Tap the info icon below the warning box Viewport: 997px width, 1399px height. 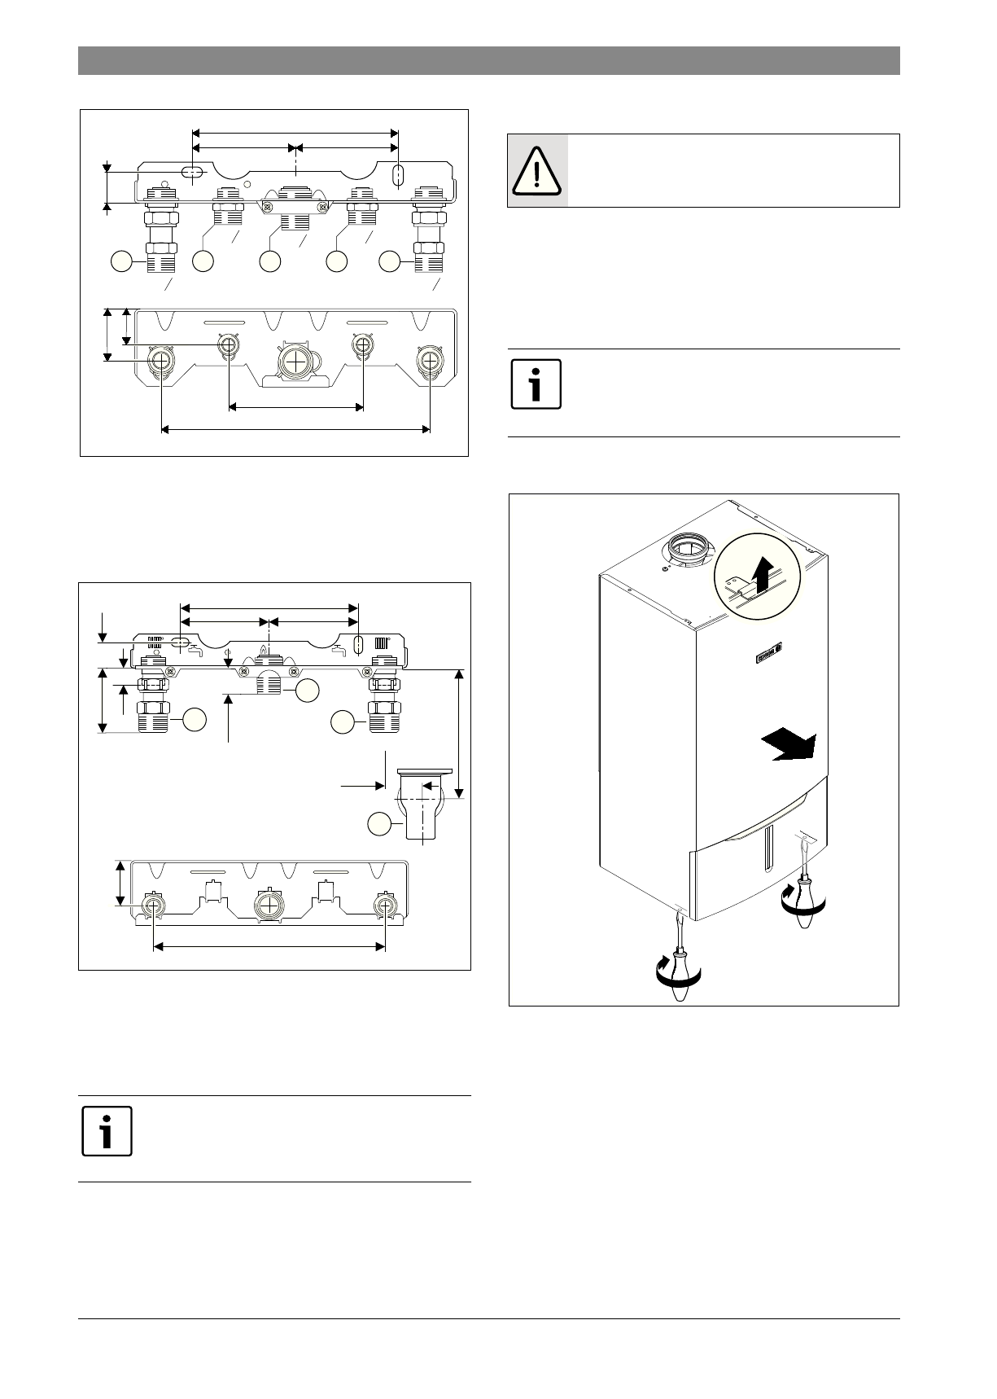(536, 383)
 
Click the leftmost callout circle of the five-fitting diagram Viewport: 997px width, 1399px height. (121, 261)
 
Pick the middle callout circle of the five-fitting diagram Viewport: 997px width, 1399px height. (269, 261)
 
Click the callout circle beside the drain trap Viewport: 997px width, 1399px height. (378, 824)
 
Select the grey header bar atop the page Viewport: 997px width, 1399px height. (488, 60)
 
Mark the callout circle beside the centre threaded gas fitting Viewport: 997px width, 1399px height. (306, 691)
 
